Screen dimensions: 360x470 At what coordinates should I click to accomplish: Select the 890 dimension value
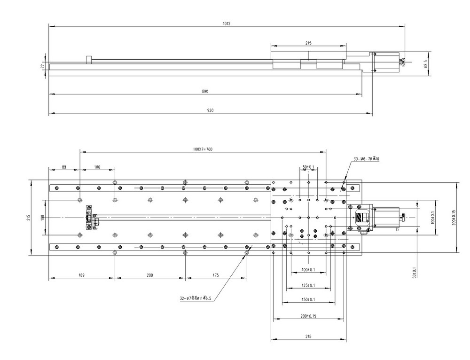[205, 91]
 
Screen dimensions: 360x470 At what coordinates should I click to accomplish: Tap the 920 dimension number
[211, 111]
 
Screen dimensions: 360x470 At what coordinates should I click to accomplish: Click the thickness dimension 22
[42, 66]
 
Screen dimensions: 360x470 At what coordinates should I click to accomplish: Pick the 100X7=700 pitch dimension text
[203, 149]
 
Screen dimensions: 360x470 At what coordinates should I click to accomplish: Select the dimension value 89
[64, 167]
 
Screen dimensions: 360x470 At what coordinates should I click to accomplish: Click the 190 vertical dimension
[42, 217]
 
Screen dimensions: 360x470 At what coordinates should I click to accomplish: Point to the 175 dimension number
[216, 275]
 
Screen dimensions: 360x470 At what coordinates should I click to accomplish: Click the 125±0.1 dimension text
[308, 285]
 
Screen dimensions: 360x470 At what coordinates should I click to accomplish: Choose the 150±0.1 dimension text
[308, 299]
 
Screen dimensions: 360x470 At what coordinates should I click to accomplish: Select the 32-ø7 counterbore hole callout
[196, 298]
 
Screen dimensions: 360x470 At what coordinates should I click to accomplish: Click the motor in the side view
[387, 62]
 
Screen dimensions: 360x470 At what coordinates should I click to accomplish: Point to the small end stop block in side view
[88, 59]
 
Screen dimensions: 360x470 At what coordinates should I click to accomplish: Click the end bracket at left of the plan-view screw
[89, 217]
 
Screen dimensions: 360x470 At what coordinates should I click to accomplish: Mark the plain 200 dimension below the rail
[149, 275]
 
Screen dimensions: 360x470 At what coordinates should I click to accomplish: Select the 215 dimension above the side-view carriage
[308, 43]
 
